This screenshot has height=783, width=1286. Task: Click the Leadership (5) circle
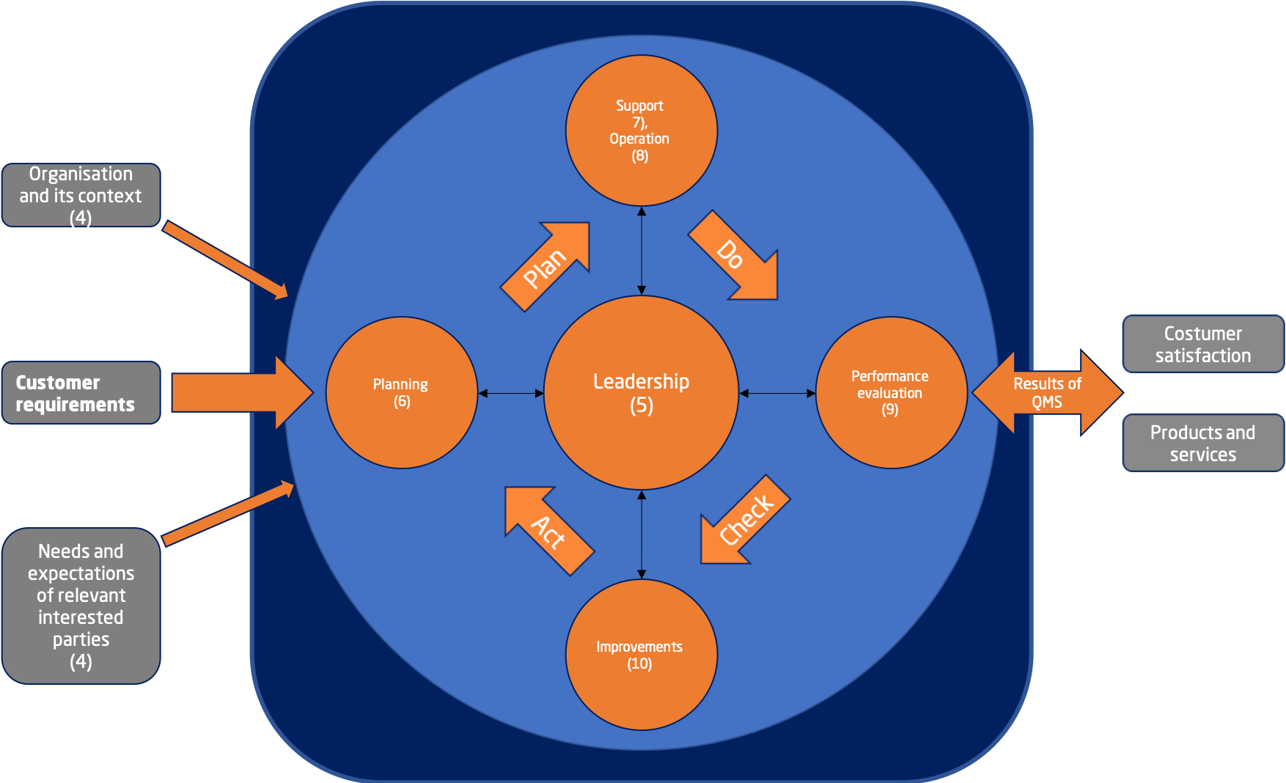641,393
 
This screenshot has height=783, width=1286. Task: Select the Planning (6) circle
401,393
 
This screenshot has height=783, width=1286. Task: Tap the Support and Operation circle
641,130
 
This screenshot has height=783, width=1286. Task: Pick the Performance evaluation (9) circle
891,393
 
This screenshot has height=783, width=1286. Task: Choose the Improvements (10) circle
641,655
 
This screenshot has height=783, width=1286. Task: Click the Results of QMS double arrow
1047,393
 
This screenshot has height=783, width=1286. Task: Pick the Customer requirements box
81,393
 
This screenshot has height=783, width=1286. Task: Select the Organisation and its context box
81,195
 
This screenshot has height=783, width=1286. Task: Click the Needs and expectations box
81,606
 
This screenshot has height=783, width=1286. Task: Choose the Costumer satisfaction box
1202,344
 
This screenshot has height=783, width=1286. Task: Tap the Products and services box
1202,443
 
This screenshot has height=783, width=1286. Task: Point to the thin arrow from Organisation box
225,260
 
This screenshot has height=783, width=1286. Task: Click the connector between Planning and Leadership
511,394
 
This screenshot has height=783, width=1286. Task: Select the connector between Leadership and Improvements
642,534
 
